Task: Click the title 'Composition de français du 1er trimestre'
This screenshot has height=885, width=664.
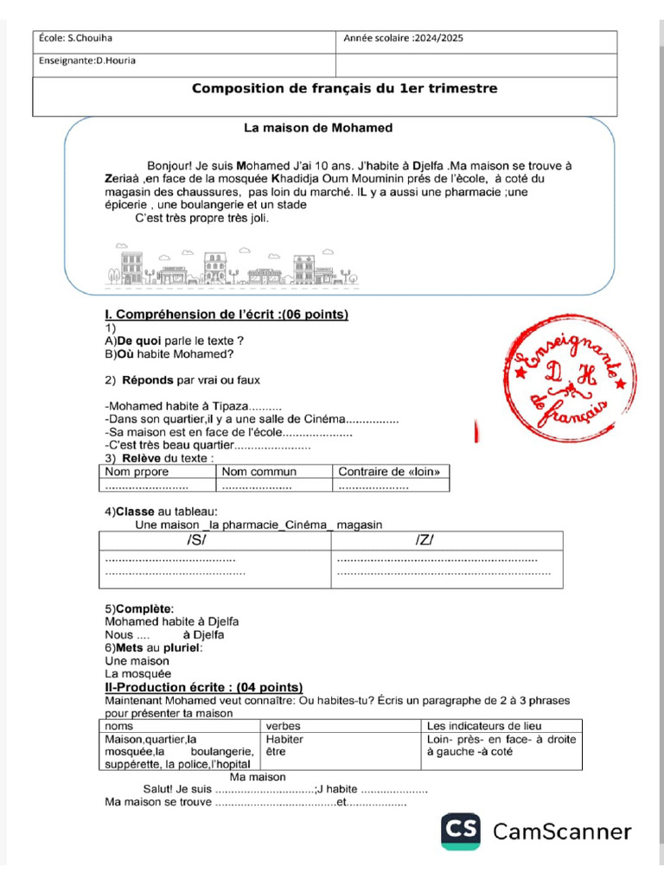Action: pos(344,89)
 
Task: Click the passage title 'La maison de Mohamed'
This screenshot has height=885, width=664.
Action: pos(318,128)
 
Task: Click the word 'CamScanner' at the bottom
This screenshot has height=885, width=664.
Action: pos(562,832)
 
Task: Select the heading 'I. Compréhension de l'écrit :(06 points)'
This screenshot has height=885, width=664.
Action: pos(226,315)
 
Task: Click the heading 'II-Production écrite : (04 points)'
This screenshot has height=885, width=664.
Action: pos(203,686)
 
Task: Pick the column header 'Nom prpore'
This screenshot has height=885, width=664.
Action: pos(137,472)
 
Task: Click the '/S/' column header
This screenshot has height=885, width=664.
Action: pos(197,540)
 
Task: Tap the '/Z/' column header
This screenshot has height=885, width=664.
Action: pos(424,540)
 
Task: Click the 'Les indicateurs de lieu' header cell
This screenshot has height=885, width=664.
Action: pos(485,726)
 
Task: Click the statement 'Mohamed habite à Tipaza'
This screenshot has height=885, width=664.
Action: pos(177,406)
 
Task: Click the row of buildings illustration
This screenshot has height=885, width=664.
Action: pos(233,267)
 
